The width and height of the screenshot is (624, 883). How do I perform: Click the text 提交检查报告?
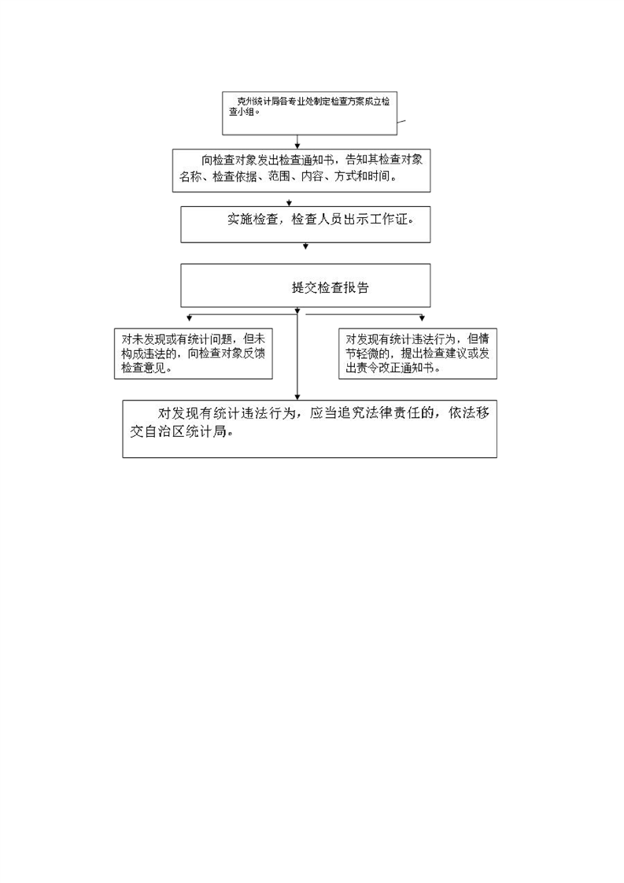pos(330,288)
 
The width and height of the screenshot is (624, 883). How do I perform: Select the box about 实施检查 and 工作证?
pos(305,224)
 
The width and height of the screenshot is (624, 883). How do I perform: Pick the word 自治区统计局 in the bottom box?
pos(186,432)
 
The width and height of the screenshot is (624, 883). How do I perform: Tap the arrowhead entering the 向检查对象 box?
pos(297,146)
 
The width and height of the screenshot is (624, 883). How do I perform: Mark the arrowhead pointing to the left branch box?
pos(189,318)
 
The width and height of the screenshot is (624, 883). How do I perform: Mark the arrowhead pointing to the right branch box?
pos(422,318)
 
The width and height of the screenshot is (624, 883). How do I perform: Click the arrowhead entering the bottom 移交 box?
pos(297,397)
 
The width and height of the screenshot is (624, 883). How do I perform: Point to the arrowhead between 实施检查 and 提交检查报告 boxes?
pos(306,246)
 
